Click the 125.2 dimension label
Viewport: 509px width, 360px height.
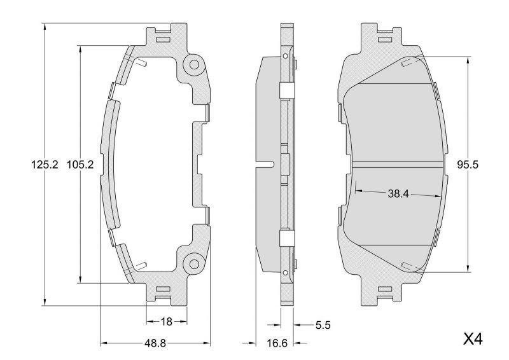[45, 164]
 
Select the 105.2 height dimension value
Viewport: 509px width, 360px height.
[81, 164]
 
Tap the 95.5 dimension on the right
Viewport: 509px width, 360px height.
[467, 164]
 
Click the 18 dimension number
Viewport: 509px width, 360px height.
[166, 322]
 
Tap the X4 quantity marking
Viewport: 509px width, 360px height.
[473, 339]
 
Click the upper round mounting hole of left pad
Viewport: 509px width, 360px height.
[193, 64]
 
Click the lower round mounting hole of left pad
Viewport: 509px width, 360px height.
[193, 263]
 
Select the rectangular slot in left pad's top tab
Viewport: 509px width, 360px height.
[163, 39]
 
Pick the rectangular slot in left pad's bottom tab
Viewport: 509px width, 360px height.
[163, 290]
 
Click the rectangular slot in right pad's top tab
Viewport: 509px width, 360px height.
[386, 39]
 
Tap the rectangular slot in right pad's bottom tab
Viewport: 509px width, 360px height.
[386, 290]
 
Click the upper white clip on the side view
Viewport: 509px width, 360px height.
[286, 91]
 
